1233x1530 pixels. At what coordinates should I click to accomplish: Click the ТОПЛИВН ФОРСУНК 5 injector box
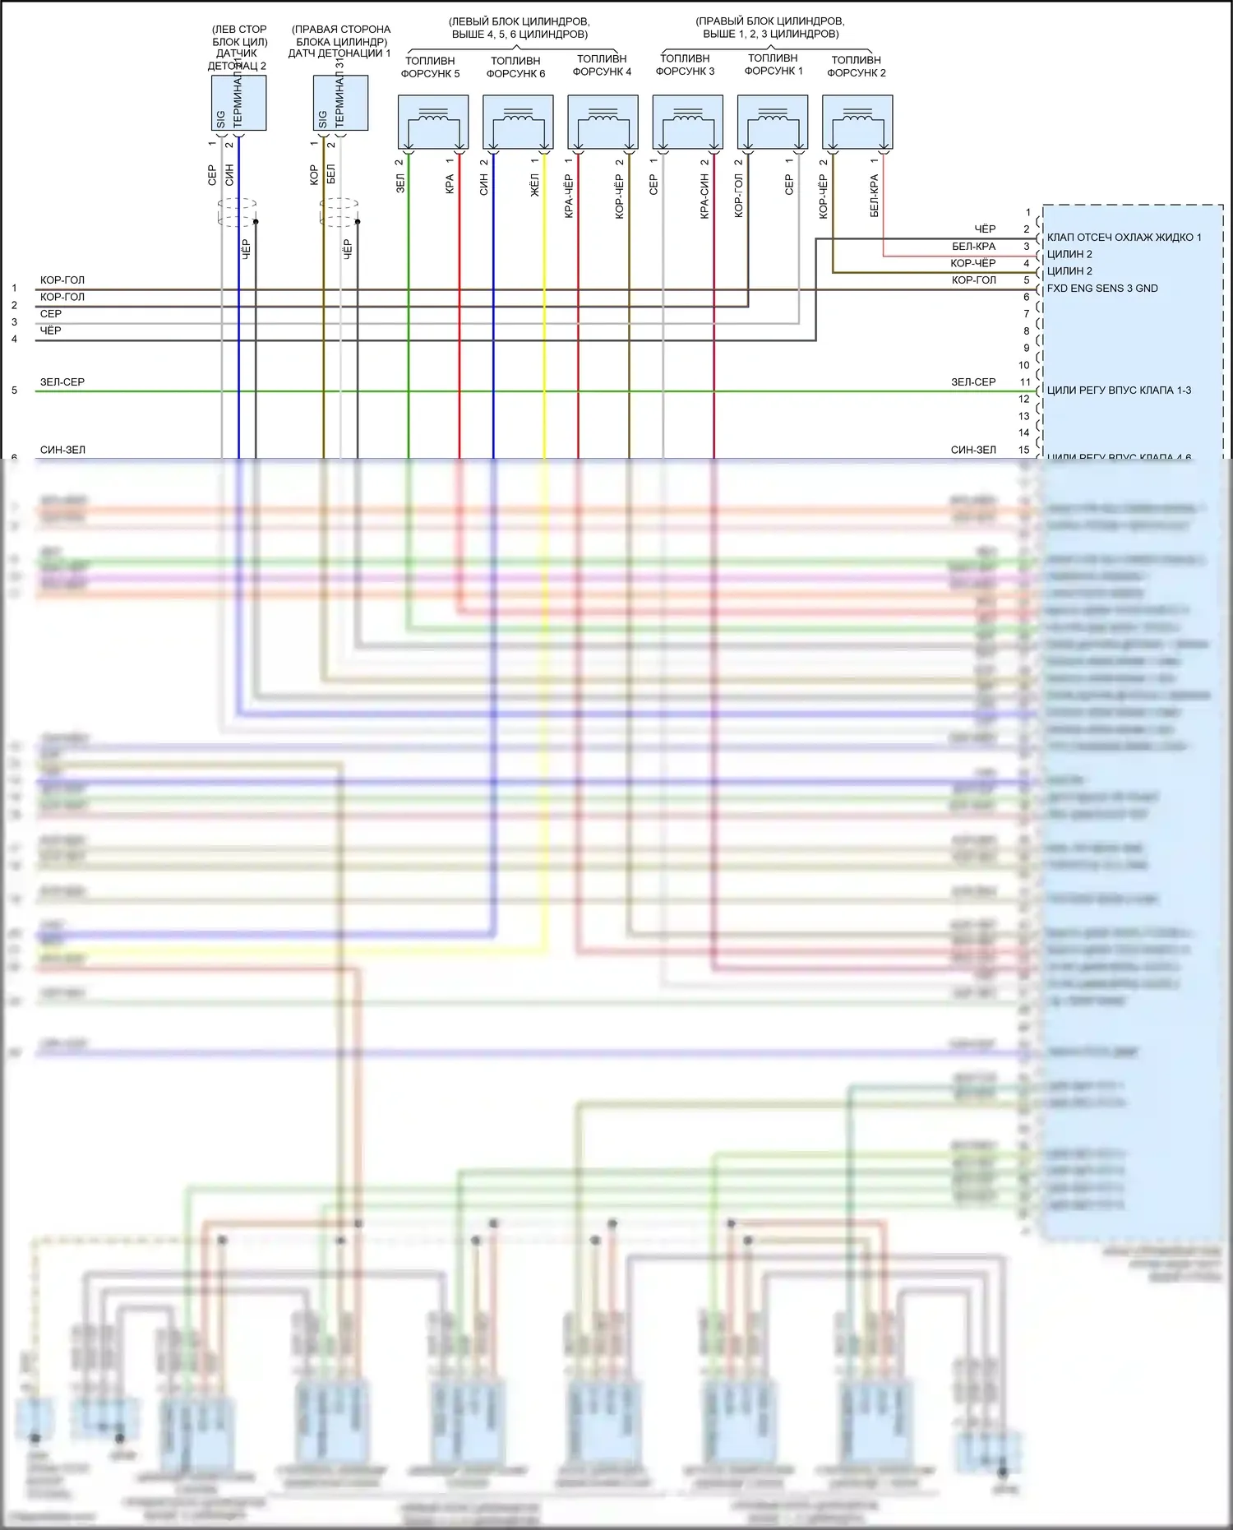(433, 122)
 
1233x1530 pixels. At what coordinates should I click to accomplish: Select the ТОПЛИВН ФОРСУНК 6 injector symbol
(518, 122)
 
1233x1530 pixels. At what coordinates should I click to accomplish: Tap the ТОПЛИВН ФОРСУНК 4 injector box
(603, 122)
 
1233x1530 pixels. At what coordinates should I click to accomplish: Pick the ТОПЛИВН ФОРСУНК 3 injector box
(688, 122)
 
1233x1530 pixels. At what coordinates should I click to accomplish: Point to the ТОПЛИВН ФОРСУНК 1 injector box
(773, 122)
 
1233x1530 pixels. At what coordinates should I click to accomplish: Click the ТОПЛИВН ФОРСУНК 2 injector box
(857, 122)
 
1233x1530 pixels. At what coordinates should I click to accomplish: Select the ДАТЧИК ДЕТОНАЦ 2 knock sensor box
(238, 103)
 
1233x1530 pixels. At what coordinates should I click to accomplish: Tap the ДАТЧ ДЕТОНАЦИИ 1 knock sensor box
(340, 103)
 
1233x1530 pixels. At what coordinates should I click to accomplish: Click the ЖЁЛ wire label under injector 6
(535, 185)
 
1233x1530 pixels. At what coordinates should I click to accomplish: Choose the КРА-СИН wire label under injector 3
(704, 196)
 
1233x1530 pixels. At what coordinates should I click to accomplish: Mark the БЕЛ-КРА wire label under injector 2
(874, 196)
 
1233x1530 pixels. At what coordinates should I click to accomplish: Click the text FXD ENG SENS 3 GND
(1102, 289)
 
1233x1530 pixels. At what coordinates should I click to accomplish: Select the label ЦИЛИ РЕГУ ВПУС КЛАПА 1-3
(1119, 391)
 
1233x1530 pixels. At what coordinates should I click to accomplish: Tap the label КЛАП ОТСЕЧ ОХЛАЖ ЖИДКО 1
(1124, 238)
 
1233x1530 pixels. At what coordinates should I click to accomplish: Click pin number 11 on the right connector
(1025, 382)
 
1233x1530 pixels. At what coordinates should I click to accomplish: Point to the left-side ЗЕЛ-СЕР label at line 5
(62, 382)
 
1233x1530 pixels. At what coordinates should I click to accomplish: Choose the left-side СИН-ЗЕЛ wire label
(62, 450)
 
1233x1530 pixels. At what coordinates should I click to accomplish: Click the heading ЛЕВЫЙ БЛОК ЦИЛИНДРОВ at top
(520, 21)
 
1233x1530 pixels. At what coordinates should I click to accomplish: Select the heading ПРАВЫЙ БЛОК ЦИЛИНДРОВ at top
(770, 21)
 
